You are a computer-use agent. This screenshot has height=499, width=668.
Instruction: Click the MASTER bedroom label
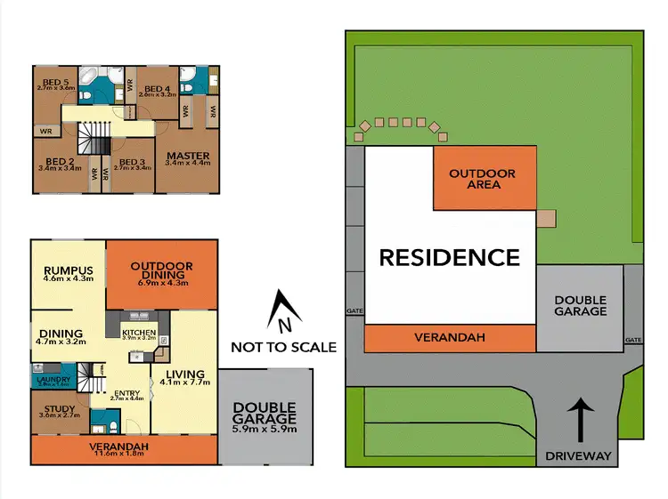click(188, 157)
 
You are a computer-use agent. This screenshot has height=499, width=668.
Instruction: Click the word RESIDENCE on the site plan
click(449, 258)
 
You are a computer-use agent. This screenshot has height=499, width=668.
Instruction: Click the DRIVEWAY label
click(579, 456)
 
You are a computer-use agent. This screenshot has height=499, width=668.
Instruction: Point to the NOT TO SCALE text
click(283, 346)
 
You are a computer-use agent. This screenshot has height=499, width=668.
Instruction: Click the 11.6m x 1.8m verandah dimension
click(119, 454)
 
